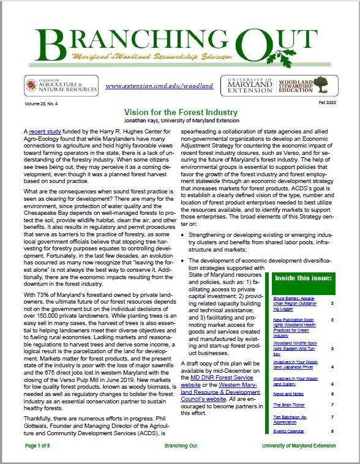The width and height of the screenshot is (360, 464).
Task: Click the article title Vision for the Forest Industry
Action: coord(181,113)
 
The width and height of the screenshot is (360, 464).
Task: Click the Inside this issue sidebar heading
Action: coord(299,279)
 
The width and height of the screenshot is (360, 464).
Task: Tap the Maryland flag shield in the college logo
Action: coord(31,85)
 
